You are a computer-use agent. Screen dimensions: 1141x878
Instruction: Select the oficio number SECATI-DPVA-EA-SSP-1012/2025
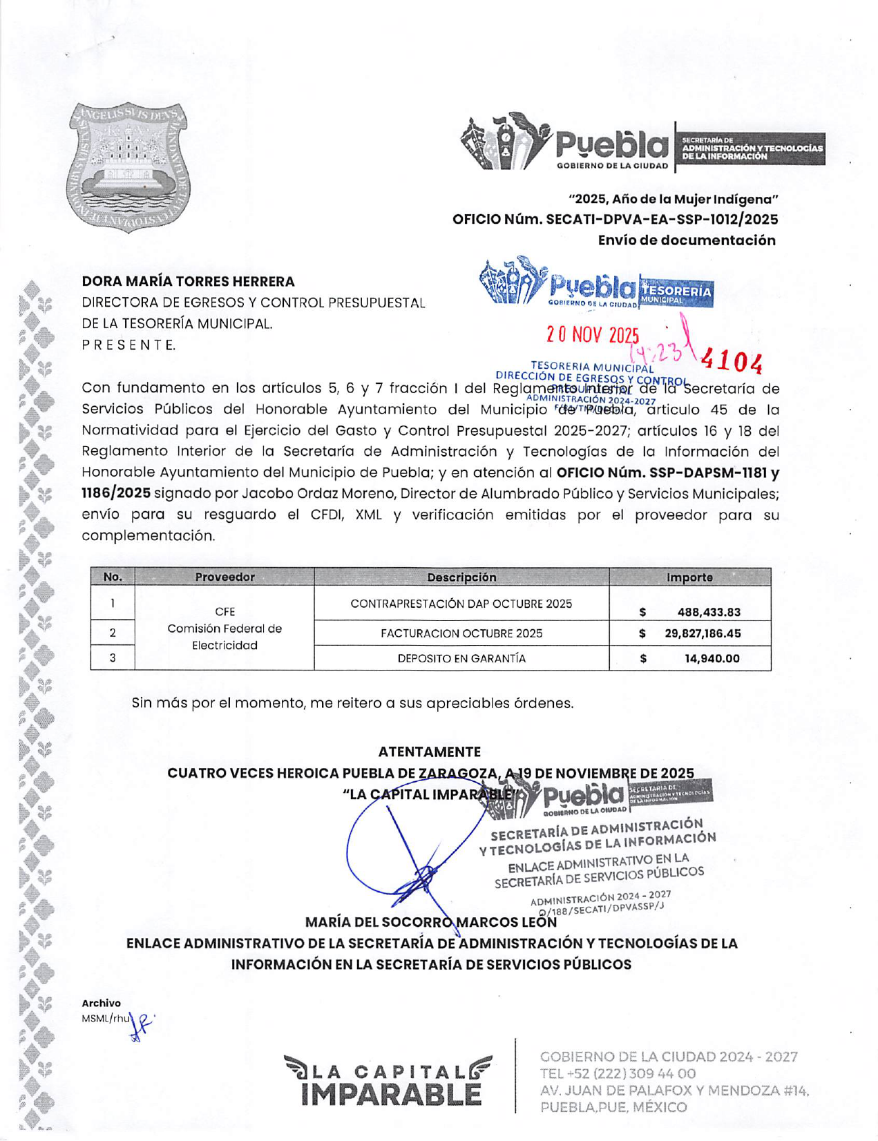[x=662, y=220]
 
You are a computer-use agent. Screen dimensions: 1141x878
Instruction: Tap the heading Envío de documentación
[x=687, y=240]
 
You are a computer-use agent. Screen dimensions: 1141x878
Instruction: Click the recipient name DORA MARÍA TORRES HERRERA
[x=188, y=281]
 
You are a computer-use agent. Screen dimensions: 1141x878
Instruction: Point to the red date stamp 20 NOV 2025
[x=592, y=335]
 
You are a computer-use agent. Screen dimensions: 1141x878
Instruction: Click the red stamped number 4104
[x=732, y=361]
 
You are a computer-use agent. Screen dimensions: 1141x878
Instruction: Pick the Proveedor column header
[x=225, y=577]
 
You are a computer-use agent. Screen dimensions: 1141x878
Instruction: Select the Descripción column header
[x=461, y=577]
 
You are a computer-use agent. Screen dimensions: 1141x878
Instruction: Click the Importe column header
[x=689, y=577]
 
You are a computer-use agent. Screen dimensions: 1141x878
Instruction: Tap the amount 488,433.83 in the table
[x=709, y=612]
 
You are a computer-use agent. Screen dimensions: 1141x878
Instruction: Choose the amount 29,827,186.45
[x=703, y=633]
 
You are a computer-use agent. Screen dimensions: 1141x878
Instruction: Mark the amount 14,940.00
[x=712, y=658]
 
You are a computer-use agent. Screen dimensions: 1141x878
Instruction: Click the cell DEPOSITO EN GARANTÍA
[x=461, y=658]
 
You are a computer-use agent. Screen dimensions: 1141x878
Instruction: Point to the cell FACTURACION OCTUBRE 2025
[x=461, y=633]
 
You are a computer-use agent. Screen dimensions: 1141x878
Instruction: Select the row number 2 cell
[x=113, y=633]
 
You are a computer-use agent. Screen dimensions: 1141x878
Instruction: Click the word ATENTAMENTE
[x=429, y=751]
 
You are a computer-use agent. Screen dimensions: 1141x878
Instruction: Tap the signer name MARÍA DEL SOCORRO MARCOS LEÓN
[x=430, y=922]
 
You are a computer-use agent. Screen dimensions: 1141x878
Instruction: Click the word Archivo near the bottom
[x=101, y=1003]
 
